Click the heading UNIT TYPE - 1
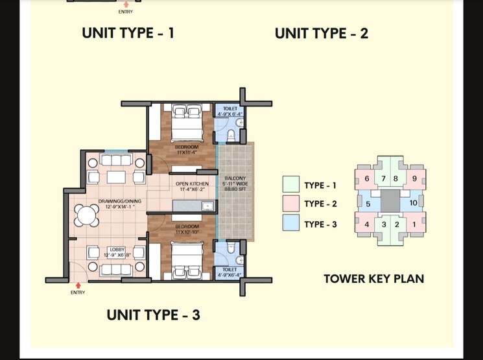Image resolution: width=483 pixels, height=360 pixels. click(128, 33)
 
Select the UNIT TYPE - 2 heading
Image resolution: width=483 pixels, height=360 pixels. click(322, 34)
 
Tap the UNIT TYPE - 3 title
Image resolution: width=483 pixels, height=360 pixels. click(153, 315)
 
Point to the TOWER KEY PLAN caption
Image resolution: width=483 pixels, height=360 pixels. click(374, 279)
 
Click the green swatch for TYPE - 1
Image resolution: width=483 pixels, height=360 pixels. click(291, 185)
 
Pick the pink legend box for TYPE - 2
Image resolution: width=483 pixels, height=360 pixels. click(291, 204)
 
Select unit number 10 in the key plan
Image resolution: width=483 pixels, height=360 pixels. click(414, 204)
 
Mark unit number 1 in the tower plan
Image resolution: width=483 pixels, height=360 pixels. click(414, 224)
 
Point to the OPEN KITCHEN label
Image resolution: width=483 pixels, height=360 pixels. click(193, 184)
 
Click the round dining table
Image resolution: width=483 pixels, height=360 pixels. click(88, 215)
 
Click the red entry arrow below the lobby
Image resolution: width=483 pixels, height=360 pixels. click(78, 284)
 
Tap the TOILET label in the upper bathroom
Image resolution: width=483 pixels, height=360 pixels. click(230, 108)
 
